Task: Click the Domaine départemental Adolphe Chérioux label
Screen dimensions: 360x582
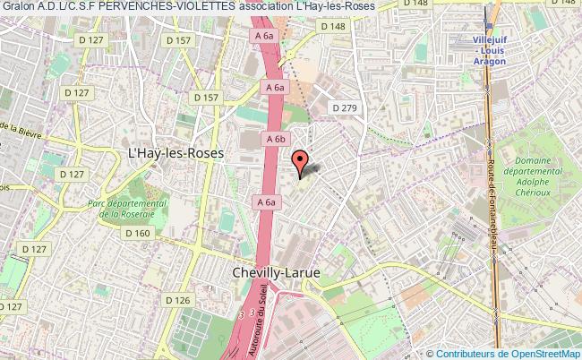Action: tap(533, 176)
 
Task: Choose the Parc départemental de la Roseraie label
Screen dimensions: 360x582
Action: tap(128, 210)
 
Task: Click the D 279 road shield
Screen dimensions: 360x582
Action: tap(345, 108)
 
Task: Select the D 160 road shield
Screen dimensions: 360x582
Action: tap(138, 233)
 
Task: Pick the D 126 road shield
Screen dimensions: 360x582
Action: tap(178, 299)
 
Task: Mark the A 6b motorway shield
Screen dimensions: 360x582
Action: tap(274, 139)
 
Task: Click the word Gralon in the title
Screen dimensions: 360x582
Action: tap(18, 7)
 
